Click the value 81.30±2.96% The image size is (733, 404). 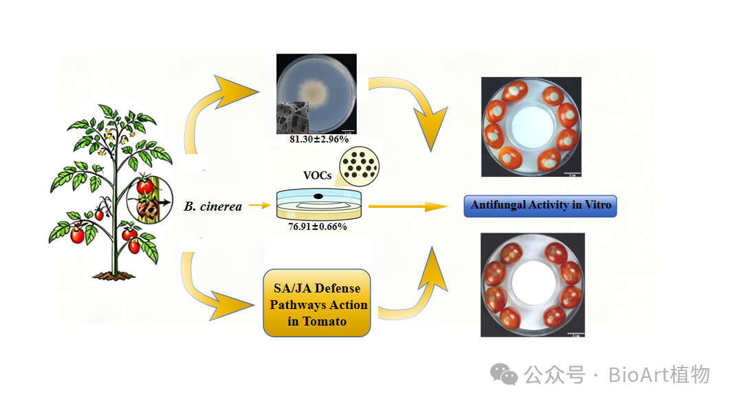(x=319, y=139)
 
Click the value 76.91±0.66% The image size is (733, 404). (x=318, y=226)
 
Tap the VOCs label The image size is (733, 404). (x=318, y=176)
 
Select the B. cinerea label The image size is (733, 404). (x=213, y=206)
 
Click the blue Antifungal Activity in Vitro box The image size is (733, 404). (x=540, y=206)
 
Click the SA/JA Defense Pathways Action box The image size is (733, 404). (x=317, y=303)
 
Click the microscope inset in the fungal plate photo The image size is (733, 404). (x=293, y=118)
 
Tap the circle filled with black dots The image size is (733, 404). (x=359, y=167)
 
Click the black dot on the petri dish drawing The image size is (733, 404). (x=318, y=196)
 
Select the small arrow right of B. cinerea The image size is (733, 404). (x=259, y=205)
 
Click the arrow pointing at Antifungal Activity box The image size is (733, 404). (x=408, y=206)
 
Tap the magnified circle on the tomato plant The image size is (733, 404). (x=150, y=200)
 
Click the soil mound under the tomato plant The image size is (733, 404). (x=113, y=276)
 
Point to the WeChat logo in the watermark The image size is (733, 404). (x=503, y=374)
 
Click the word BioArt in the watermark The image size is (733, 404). (x=638, y=375)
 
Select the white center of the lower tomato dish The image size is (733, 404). (x=532, y=283)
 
